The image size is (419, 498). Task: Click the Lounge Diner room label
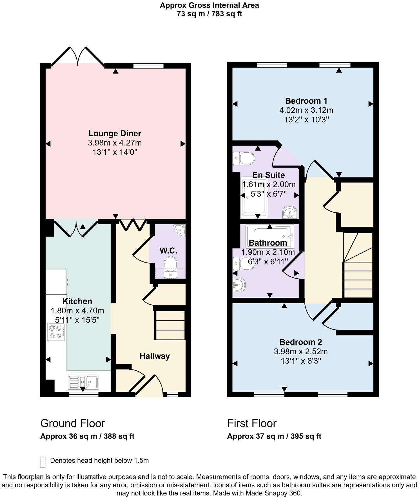115,133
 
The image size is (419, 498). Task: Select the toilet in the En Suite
244,158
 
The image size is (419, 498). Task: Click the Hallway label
155,356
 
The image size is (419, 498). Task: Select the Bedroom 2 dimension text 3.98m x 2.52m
300,352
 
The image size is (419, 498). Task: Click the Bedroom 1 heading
306,101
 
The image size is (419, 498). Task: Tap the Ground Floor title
73,423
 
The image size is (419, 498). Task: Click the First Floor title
252,423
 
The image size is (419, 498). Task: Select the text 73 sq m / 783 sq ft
209,14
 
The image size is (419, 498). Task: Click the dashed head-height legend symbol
43,462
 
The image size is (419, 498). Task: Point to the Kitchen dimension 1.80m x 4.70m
77,311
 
